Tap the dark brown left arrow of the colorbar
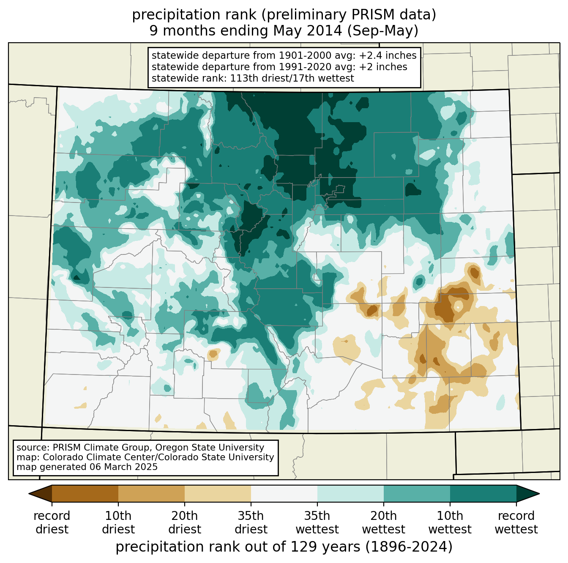point(41,493)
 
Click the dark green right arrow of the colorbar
point(527,493)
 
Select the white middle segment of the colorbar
point(284,493)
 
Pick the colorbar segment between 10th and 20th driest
point(151,493)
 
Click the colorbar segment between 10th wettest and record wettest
point(483,493)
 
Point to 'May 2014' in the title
point(308,31)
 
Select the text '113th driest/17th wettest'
point(292,78)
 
